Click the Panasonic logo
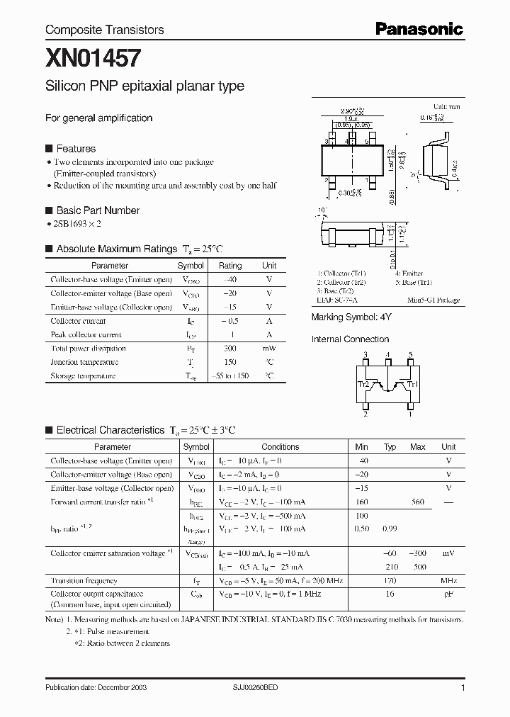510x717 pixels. point(419,29)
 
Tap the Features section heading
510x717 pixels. point(76,149)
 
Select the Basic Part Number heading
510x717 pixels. point(98,210)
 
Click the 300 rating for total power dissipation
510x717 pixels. point(230,348)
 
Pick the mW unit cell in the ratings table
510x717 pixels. point(269,348)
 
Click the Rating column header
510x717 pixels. point(230,266)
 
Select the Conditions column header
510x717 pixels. point(280,447)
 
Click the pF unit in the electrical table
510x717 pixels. point(448,594)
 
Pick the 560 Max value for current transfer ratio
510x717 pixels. point(417,502)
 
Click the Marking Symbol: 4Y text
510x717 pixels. point(351,318)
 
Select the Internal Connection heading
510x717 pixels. point(350,339)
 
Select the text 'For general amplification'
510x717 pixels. point(98,118)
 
